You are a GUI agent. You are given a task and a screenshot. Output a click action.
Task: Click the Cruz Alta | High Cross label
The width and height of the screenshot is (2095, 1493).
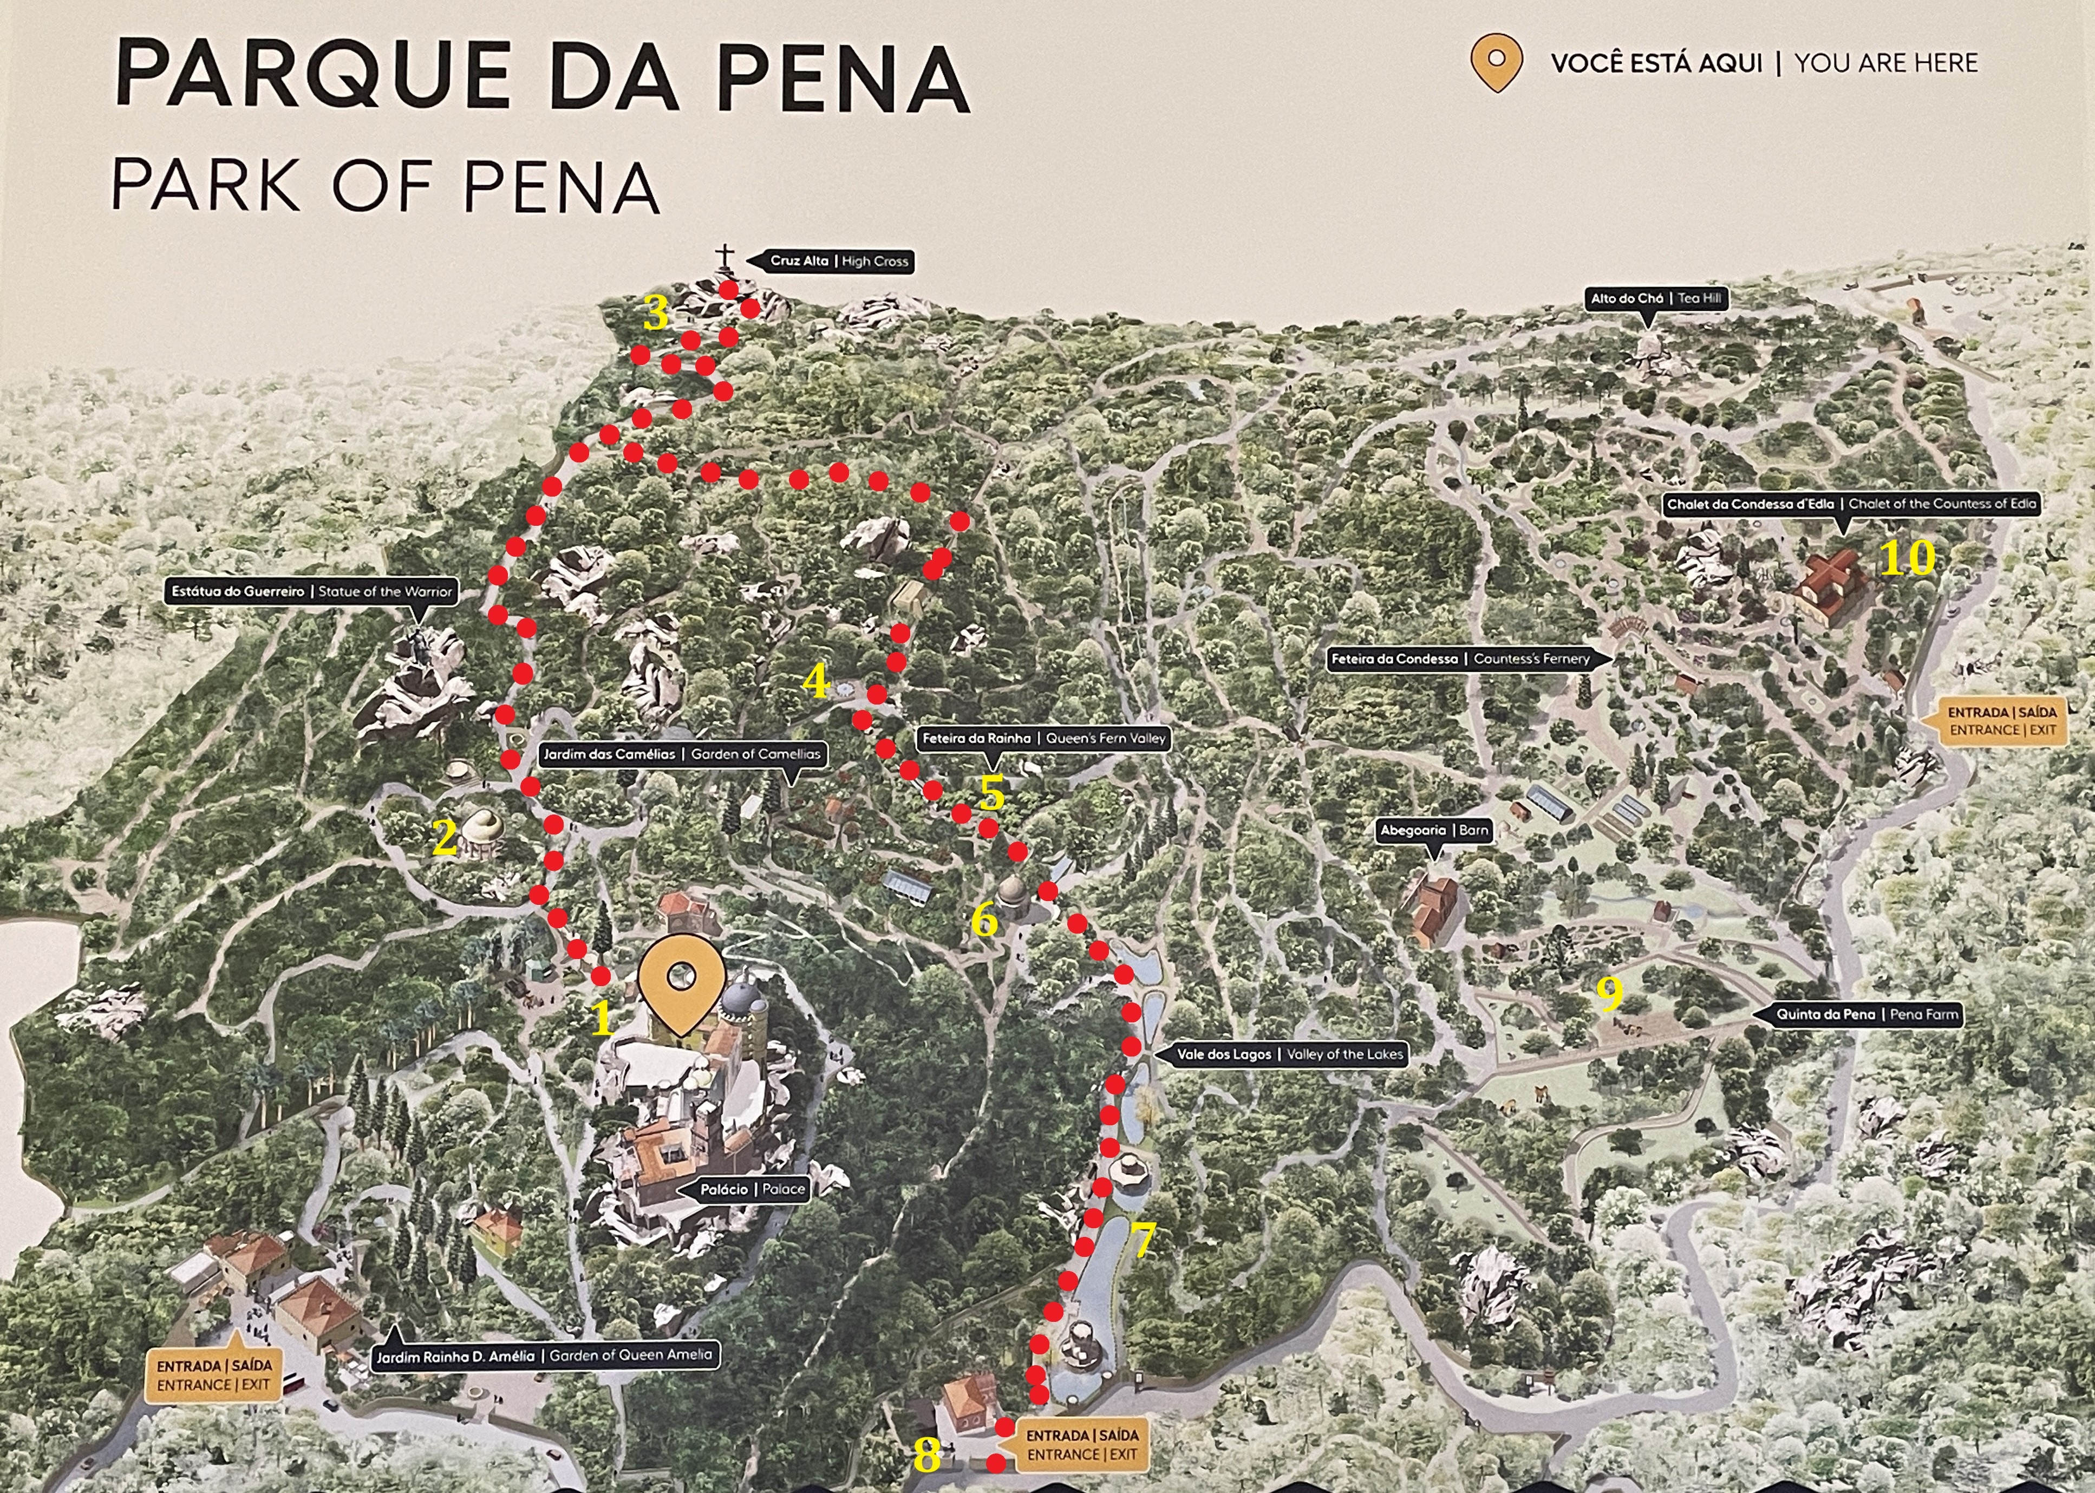(838, 261)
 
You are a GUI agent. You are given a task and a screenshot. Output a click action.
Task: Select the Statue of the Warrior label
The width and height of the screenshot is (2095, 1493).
(311, 591)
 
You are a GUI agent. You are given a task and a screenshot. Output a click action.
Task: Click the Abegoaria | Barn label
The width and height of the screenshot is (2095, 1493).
(1433, 830)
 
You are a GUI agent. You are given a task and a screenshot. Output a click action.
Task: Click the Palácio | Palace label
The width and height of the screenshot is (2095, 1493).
(752, 1189)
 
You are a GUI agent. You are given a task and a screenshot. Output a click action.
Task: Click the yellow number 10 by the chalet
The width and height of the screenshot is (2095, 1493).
(1907, 558)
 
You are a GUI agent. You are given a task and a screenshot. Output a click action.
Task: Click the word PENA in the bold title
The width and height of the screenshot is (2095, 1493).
(843, 75)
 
